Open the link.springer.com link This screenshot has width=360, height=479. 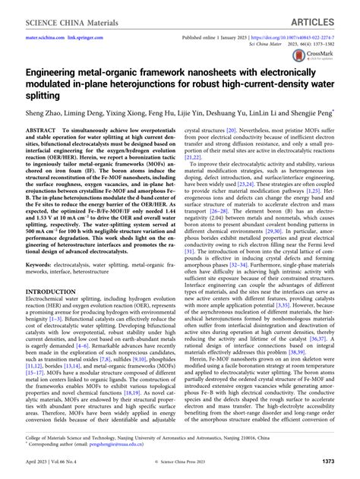point(93,36)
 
